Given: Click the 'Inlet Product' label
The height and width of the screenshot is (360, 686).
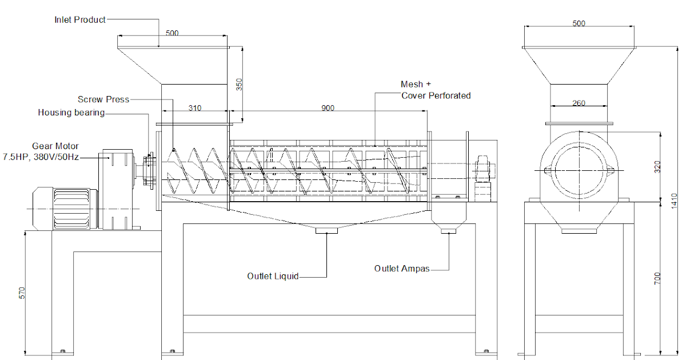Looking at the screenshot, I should pyautogui.click(x=80, y=20).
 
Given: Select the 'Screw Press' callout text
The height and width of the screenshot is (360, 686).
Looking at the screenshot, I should pyautogui.click(x=103, y=99).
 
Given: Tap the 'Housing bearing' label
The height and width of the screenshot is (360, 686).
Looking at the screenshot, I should pyautogui.click(x=71, y=113).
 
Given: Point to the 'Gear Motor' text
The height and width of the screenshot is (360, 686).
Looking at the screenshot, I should pyautogui.click(x=55, y=146).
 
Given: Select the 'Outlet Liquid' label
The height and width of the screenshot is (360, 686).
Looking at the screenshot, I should pyautogui.click(x=273, y=277).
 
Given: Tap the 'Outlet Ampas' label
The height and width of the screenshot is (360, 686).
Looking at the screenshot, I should pyautogui.click(x=401, y=269).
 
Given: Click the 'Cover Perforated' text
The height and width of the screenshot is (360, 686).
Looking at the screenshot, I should pyautogui.click(x=436, y=96).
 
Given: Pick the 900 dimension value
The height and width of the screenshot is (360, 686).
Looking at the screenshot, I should pyautogui.click(x=328, y=108).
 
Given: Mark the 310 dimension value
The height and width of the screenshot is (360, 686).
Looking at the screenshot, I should pyautogui.click(x=194, y=108).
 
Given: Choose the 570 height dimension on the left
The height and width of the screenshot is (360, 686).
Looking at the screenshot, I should pyautogui.click(x=22, y=293).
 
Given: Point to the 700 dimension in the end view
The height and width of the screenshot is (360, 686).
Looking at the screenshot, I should pyautogui.click(x=657, y=278).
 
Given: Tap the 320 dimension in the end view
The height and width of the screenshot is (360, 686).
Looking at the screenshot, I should pyautogui.click(x=657, y=167).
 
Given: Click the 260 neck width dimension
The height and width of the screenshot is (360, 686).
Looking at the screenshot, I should pyautogui.click(x=579, y=103).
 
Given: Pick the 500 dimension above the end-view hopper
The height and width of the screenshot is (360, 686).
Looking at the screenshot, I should pyautogui.click(x=579, y=24).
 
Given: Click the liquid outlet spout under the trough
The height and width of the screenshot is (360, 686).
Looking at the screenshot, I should pyautogui.click(x=326, y=230).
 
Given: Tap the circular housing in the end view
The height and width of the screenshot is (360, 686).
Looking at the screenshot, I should pyautogui.click(x=579, y=170).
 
